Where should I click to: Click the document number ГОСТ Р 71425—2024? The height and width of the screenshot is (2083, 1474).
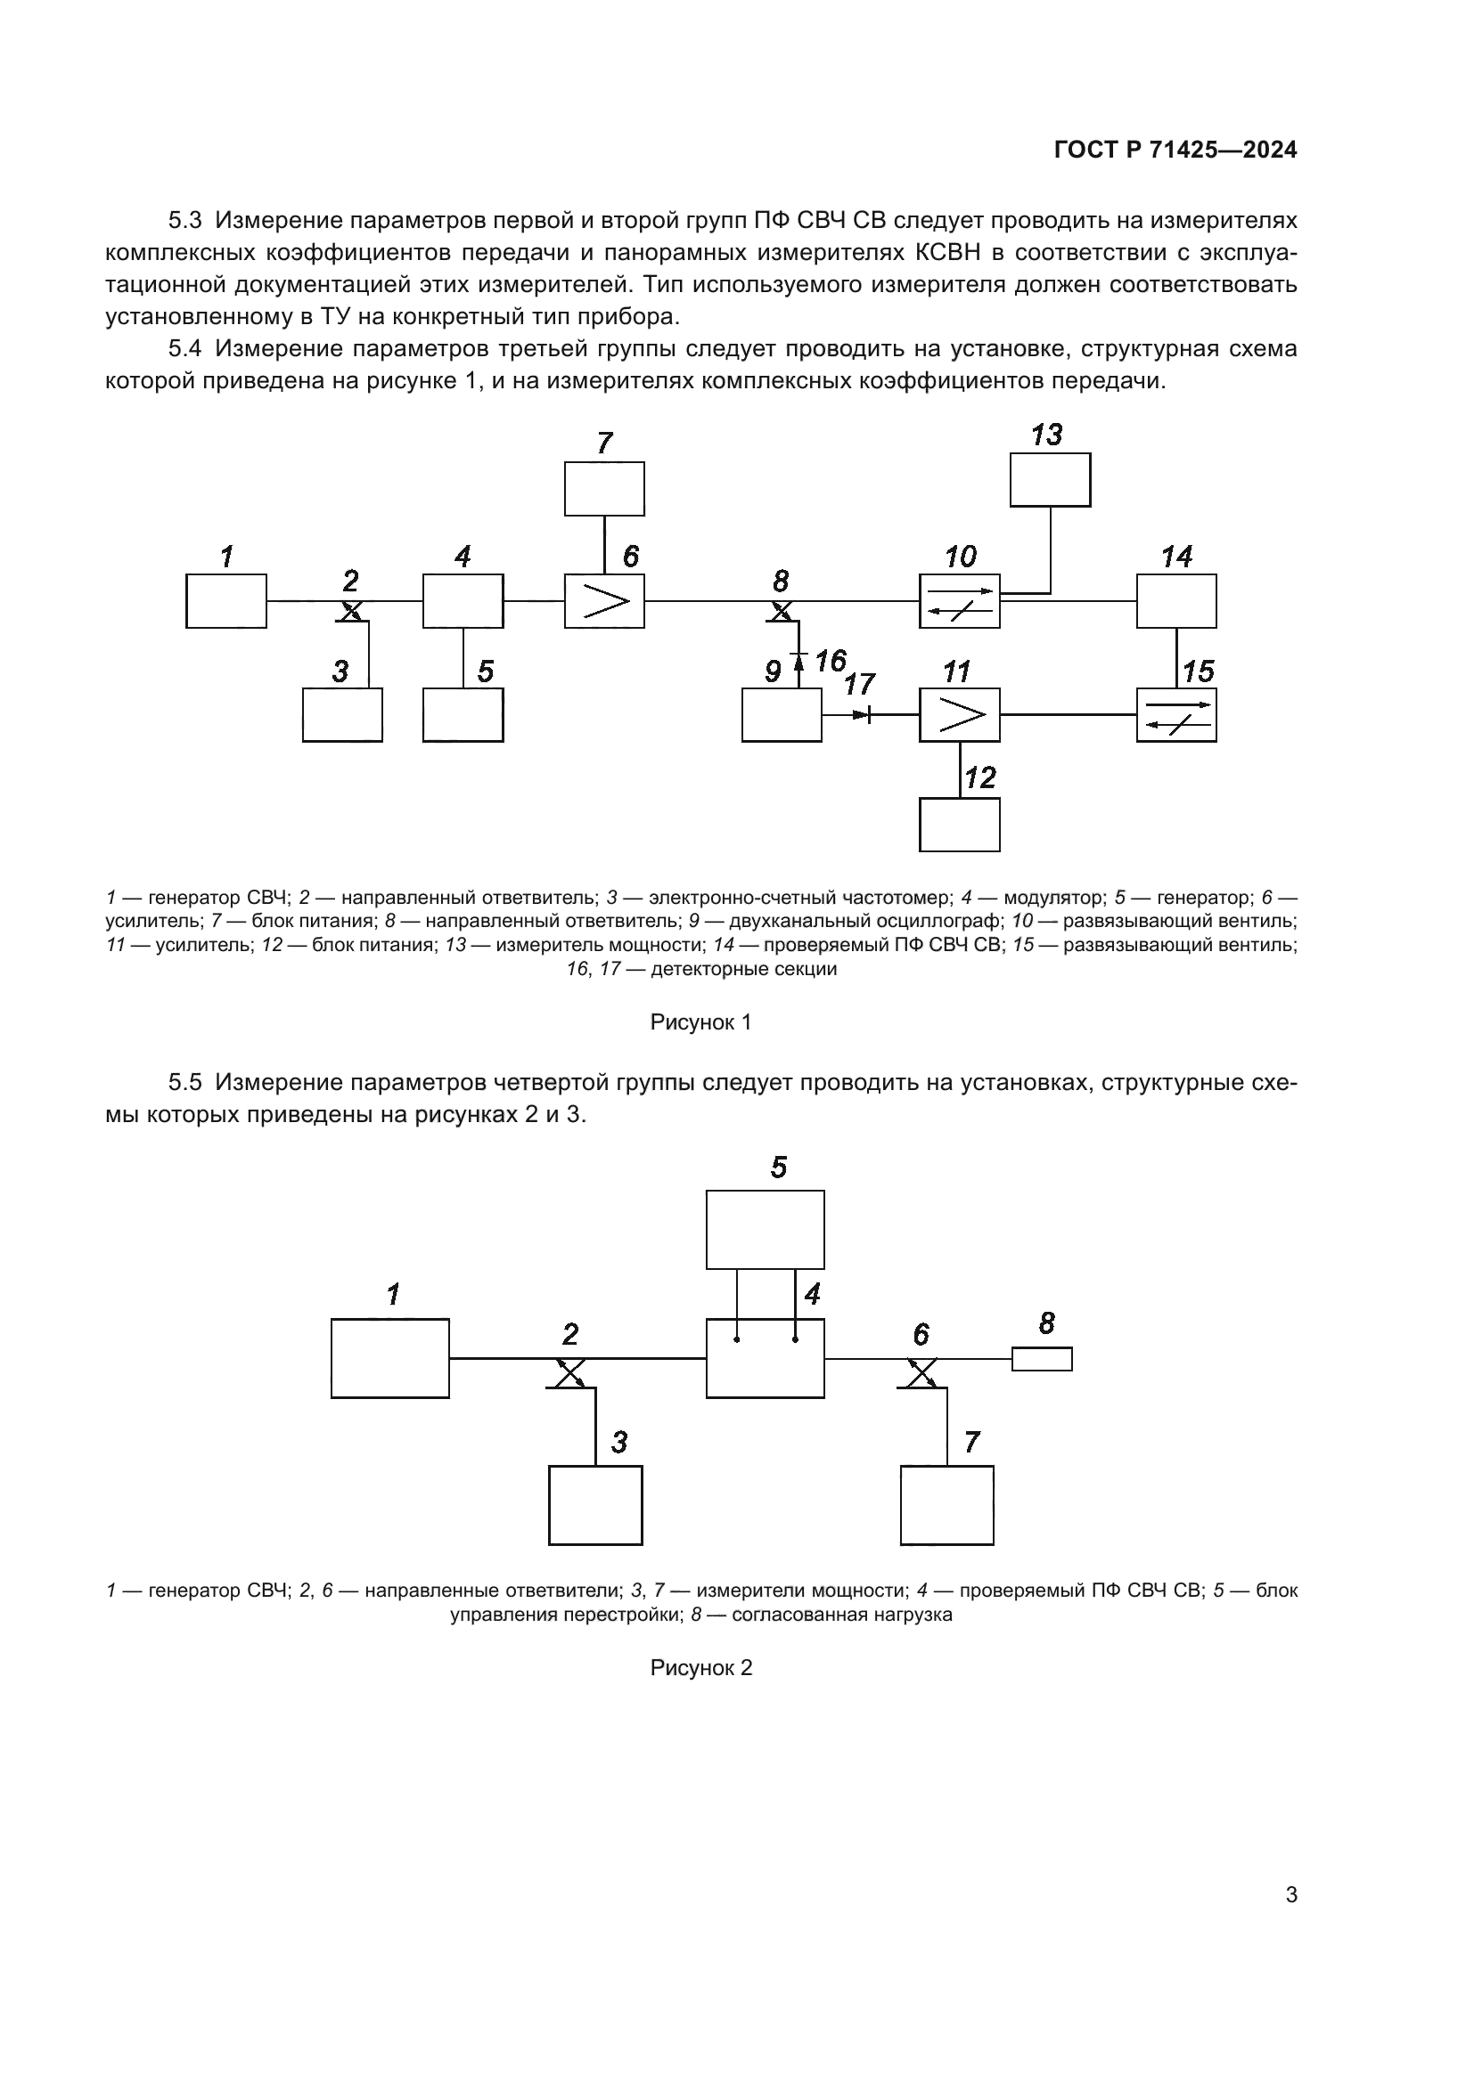(x=1175, y=151)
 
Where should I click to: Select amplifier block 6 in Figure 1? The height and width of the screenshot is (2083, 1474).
(x=604, y=600)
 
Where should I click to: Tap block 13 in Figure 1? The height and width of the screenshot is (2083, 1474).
(x=1050, y=480)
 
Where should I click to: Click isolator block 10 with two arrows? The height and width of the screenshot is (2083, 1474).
(x=960, y=600)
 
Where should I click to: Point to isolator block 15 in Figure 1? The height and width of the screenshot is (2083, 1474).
(x=1176, y=715)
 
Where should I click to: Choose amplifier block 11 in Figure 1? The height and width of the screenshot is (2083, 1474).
(x=960, y=715)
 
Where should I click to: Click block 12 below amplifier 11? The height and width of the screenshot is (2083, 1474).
(x=960, y=825)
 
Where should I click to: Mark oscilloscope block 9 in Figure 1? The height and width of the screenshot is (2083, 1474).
(x=782, y=715)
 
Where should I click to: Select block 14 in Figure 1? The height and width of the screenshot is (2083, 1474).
(x=1176, y=600)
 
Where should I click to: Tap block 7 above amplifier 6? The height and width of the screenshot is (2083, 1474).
(x=604, y=489)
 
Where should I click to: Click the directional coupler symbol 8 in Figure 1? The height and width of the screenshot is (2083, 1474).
(x=781, y=612)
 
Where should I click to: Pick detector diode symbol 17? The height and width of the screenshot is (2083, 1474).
(x=864, y=715)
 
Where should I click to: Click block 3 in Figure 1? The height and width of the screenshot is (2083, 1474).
(x=342, y=715)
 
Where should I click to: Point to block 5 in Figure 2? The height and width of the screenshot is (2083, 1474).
(x=766, y=1229)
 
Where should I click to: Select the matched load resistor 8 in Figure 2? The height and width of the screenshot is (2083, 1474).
(x=1042, y=1359)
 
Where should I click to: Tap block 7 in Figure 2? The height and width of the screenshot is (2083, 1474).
(x=946, y=1505)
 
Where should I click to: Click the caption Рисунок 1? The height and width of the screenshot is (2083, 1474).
(x=700, y=1022)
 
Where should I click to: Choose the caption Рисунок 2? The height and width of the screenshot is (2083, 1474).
(x=700, y=1668)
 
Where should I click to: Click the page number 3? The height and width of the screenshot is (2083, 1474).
(x=1291, y=1894)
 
